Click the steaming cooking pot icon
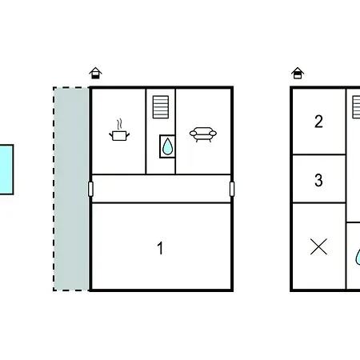tap(119, 130)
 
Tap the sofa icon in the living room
tap(203, 134)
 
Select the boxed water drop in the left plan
tap(167, 146)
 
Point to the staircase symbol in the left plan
tap(161, 107)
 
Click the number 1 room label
tap(160, 248)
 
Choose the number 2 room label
tap(318, 122)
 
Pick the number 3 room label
tap(318, 180)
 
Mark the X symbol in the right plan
tap(318, 246)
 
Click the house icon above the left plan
tap(95, 73)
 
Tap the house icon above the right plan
tap(298, 73)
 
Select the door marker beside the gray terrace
tap(90, 189)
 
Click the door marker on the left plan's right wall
tap(232, 189)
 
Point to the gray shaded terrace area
tap(71, 189)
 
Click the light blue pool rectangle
tap(6, 170)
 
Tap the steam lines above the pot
tap(120, 124)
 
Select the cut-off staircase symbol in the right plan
tap(356, 107)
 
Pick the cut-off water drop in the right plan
tap(358, 257)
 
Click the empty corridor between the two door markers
tap(161, 189)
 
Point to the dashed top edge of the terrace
tap(71, 87)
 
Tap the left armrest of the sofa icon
tap(193, 133)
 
